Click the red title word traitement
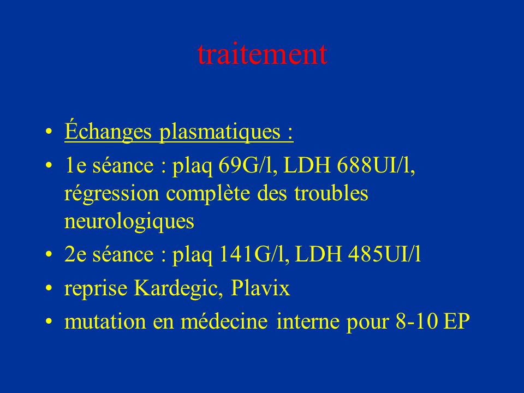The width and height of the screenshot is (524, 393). (x=263, y=54)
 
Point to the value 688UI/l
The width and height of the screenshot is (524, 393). (x=376, y=165)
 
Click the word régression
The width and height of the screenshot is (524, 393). (x=111, y=194)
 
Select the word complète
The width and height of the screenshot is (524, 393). (x=208, y=194)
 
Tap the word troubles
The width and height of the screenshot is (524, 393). (x=331, y=193)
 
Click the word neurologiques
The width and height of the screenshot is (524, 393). (x=129, y=221)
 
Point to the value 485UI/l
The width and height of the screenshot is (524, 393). (x=384, y=254)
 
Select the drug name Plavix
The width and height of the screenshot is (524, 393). (x=260, y=288)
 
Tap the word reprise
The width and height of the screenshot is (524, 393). (x=96, y=289)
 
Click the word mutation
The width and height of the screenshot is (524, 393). (x=105, y=321)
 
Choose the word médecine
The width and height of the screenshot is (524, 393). (x=224, y=321)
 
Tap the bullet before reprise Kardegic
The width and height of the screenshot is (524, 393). (x=49, y=288)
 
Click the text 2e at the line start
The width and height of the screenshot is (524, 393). (x=75, y=254)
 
